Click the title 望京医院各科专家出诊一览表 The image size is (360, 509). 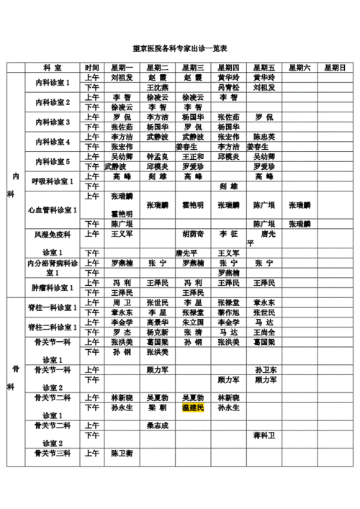(x=181, y=48)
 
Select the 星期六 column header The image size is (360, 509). (x=300, y=67)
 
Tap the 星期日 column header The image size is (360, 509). (x=335, y=67)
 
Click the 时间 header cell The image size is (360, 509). (x=91, y=67)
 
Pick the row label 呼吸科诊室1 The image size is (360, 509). (x=53, y=180)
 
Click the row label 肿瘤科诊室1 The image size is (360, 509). (x=53, y=287)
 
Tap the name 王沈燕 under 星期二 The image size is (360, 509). (x=158, y=87)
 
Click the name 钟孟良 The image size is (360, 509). (x=158, y=156)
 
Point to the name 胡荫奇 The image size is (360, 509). (x=193, y=234)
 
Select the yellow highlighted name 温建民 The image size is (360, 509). (x=193, y=408)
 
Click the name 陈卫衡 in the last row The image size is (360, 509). (x=122, y=454)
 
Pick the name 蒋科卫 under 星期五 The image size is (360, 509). (x=264, y=436)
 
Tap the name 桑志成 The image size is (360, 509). (x=158, y=425)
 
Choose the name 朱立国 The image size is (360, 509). (x=193, y=323)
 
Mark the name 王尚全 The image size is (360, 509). (x=264, y=333)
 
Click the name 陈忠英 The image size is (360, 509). (x=264, y=137)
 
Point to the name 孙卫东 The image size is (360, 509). (x=264, y=369)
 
